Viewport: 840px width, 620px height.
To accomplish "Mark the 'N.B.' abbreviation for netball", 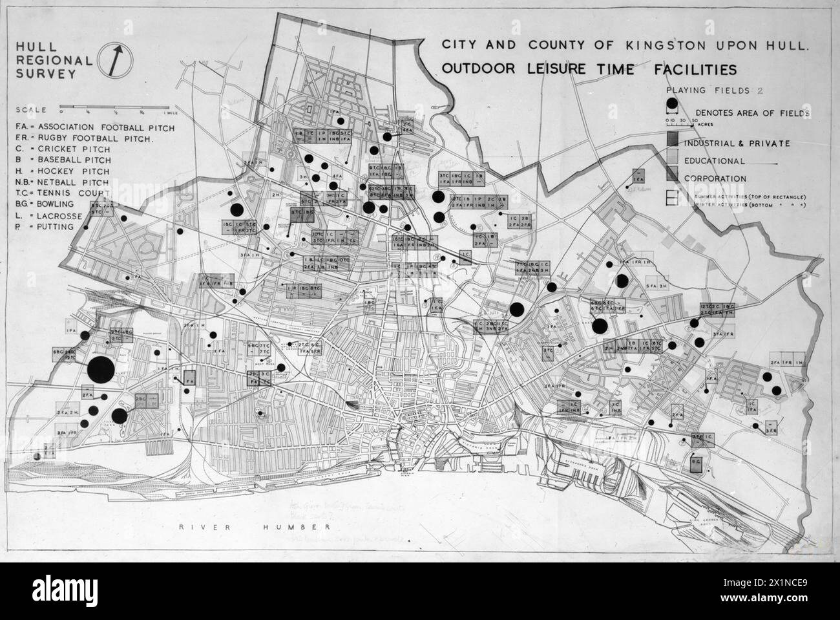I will pyautogui.click(x=25, y=183).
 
